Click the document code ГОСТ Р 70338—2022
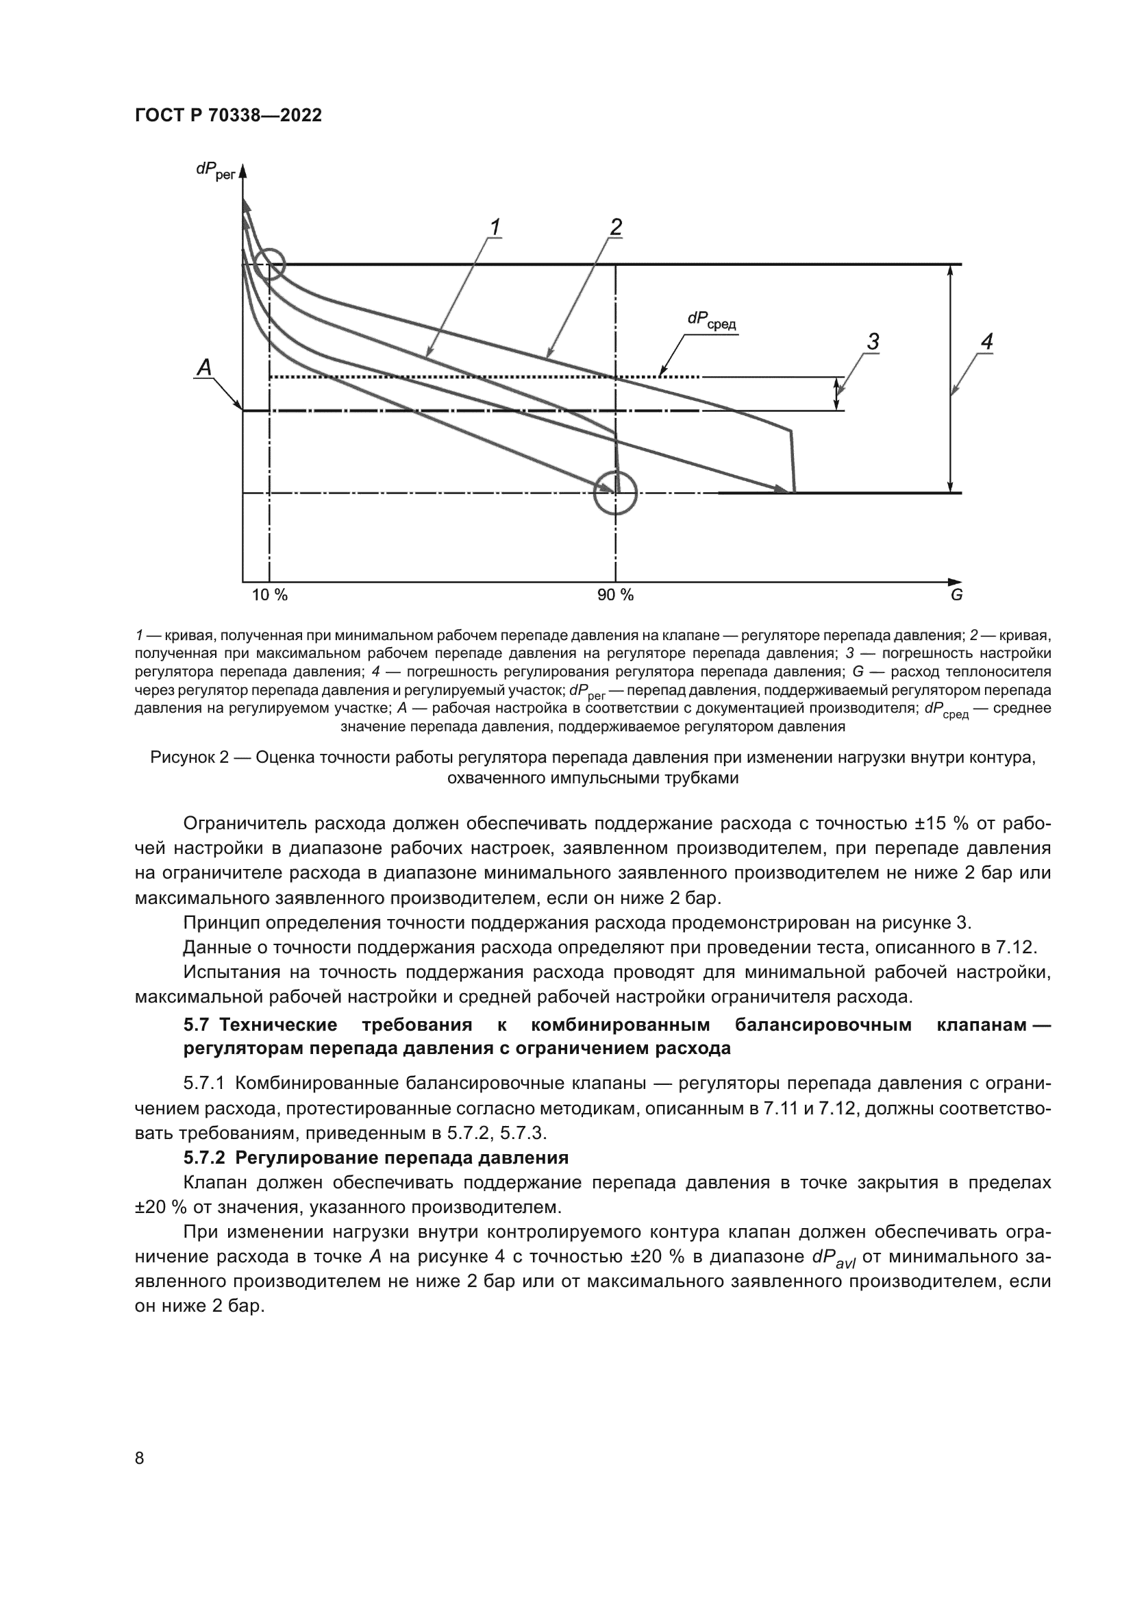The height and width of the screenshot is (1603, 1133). (228, 116)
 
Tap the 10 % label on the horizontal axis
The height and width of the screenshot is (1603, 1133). (269, 595)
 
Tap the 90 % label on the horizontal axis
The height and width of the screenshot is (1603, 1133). (615, 595)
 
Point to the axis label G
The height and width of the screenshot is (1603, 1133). (956, 596)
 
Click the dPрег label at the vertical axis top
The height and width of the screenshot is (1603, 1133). (215, 171)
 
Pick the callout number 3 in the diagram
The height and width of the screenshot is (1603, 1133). (873, 342)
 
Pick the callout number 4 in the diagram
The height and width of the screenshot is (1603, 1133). (986, 342)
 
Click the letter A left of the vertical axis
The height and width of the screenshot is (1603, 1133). (204, 367)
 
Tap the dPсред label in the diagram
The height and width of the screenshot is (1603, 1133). (711, 321)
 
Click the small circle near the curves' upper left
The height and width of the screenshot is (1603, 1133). (269, 265)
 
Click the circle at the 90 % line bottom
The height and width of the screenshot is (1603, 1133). (615, 493)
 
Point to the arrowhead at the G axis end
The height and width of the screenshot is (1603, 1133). (955, 581)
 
